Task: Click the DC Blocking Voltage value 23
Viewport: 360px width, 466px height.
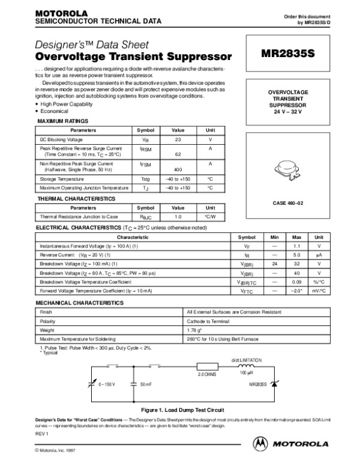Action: (x=178, y=139)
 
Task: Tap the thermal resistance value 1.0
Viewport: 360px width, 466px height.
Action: (x=178, y=216)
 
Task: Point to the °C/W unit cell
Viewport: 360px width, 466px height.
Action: (x=210, y=216)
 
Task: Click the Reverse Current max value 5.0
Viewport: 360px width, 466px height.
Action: (x=296, y=255)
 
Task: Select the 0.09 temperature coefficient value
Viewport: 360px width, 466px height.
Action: (x=296, y=282)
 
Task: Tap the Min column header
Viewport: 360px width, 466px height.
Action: (x=275, y=238)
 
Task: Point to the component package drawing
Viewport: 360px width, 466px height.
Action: (x=293, y=166)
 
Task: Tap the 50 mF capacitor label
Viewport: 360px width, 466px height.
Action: (x=146, y=383)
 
